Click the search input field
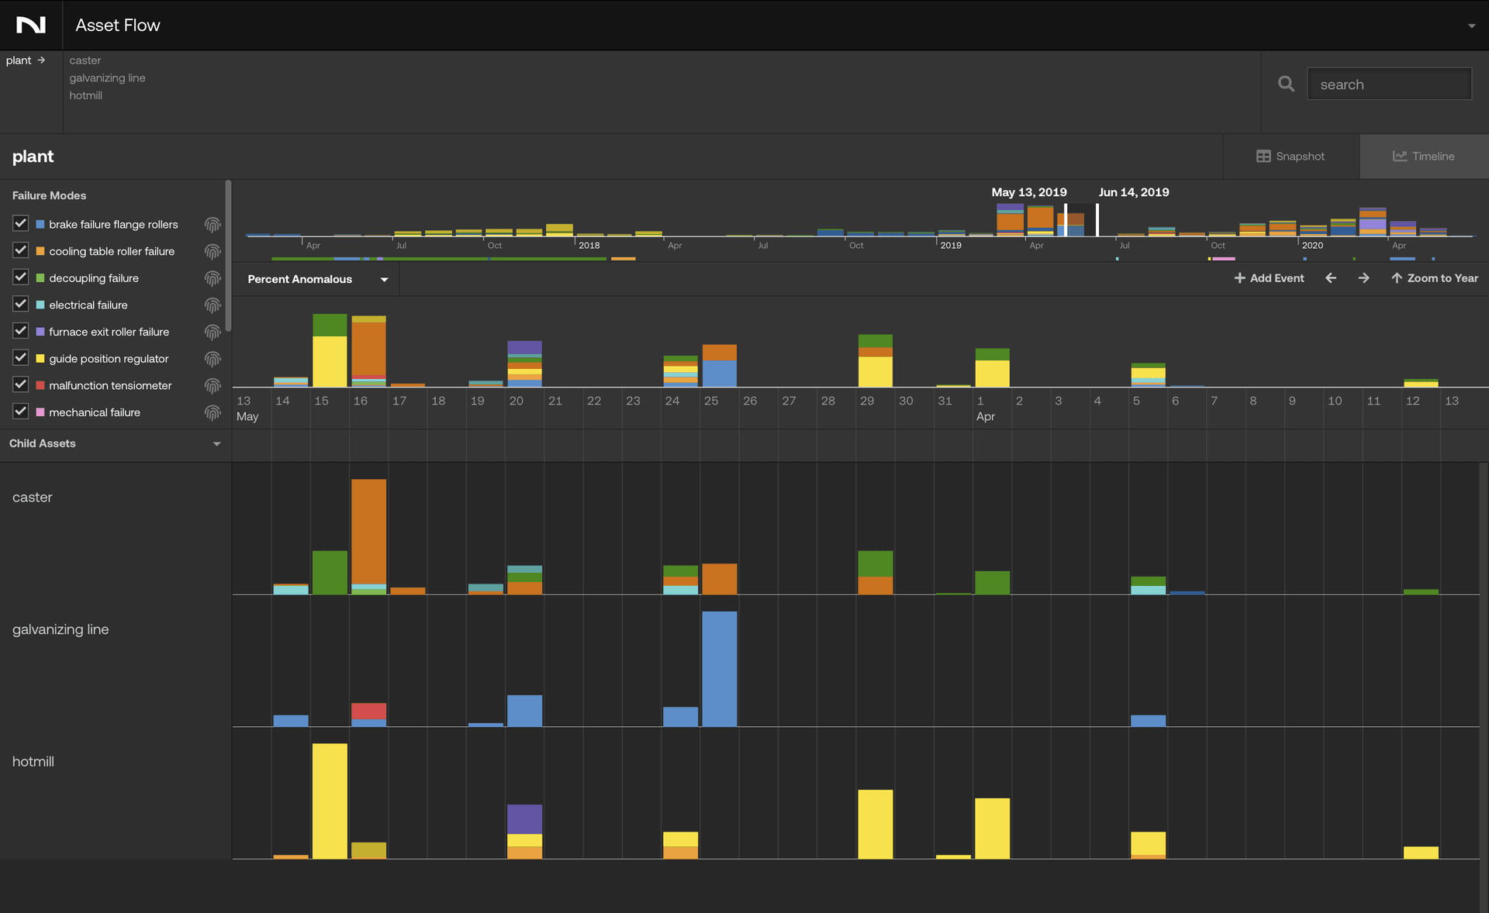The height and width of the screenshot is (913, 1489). tap(1388, 84)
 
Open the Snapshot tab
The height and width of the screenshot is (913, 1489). tap(1290, 157)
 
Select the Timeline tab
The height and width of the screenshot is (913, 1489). tap(1423, 157)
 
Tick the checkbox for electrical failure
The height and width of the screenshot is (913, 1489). tap(21, 305)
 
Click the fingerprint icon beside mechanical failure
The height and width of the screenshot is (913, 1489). tap(212, 412)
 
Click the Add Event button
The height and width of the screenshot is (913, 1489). tap(1269, 278)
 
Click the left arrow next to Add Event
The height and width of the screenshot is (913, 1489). tap(1331, 278)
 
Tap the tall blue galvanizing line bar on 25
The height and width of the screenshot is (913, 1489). tap(719, 668)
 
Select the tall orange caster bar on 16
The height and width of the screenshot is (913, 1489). tap(368, 531)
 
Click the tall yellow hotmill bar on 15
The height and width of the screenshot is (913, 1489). tap(330, 800)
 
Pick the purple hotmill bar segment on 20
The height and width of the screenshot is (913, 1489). tap(524, 819)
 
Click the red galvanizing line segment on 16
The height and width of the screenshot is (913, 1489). tap(368, 711)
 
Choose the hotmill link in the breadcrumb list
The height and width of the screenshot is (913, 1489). tap(85, 95)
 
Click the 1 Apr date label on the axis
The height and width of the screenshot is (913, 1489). tap(984, 408)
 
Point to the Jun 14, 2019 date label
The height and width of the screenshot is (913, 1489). tap(1133, 192)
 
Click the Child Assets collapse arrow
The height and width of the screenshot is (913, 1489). tap(216, 444)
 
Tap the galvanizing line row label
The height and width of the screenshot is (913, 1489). tap(60, 629)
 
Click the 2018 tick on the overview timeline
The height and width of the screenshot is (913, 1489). tap(589, 245)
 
